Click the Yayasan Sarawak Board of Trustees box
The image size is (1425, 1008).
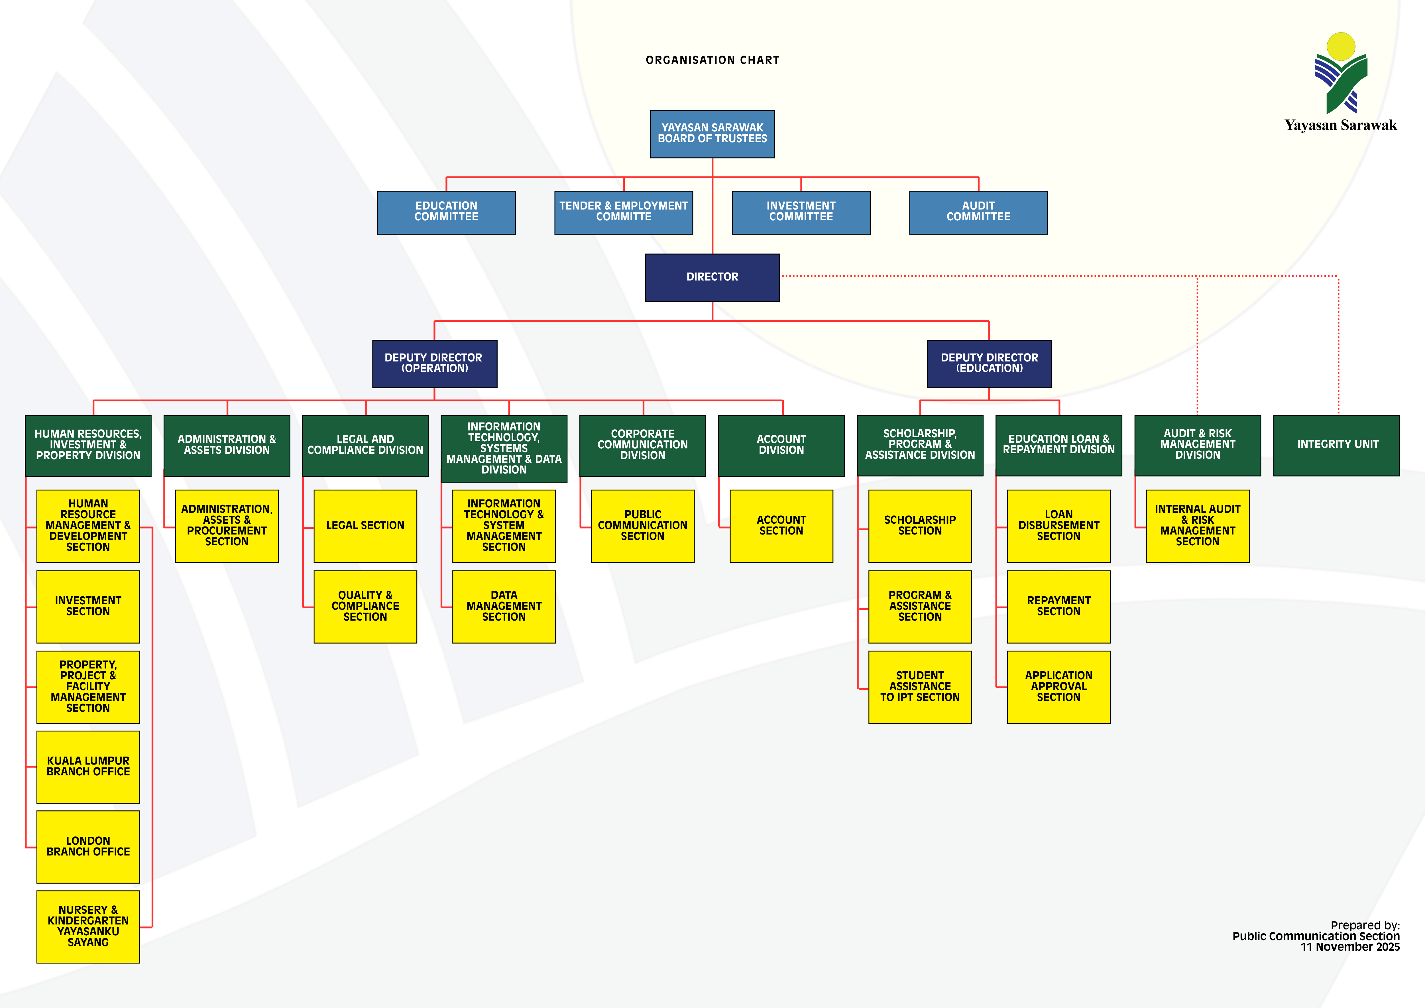pos(712,133)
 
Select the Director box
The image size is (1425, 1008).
pos(712,277)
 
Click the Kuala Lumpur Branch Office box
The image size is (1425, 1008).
pos(88,767)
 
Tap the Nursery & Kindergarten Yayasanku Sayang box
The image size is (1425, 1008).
pos(88,926)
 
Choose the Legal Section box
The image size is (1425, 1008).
pos(365,526)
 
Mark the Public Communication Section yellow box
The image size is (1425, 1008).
pos(642,526)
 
